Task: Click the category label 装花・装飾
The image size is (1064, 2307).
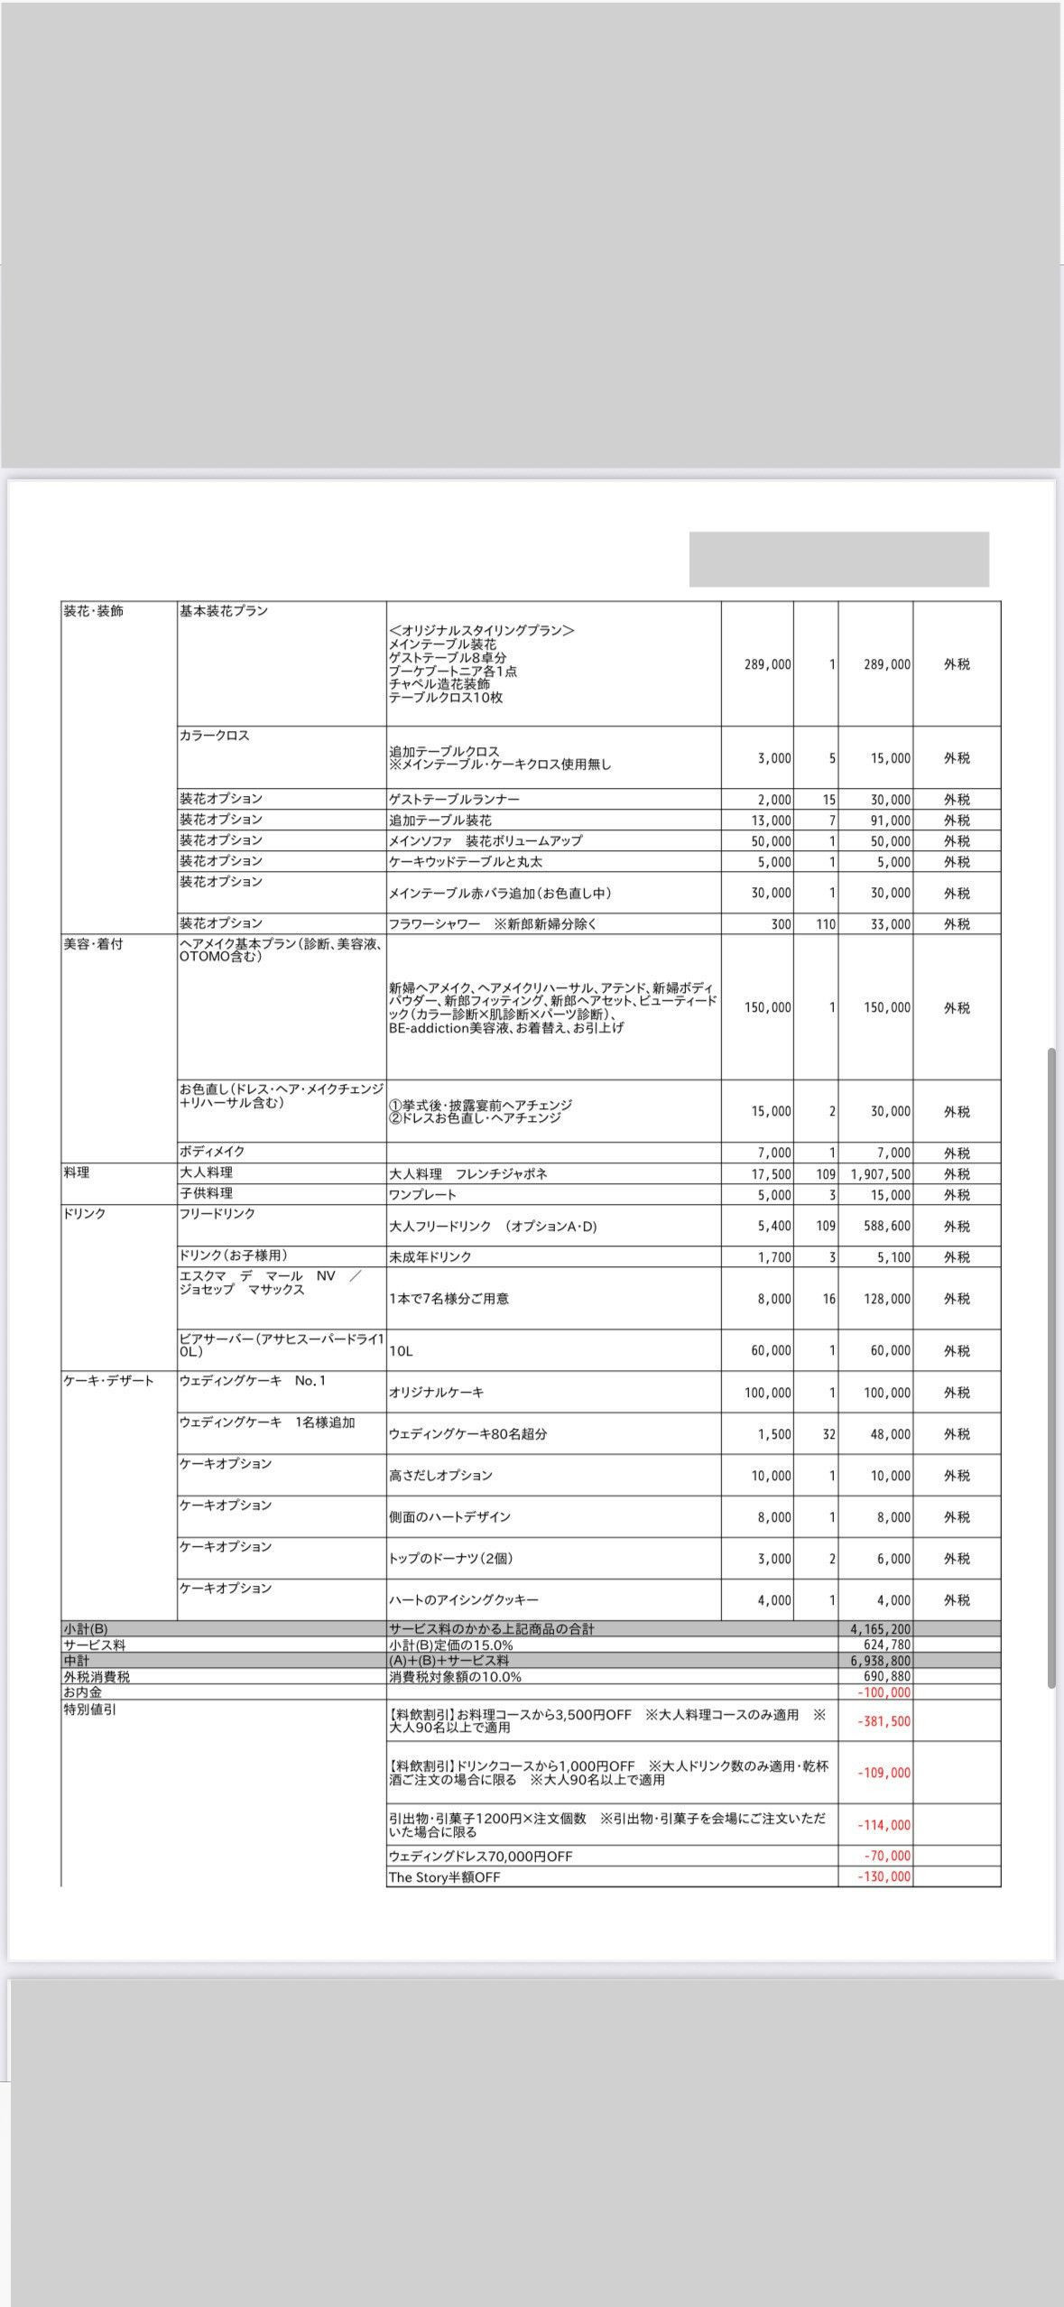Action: pyautogui.click(x=93, y=611)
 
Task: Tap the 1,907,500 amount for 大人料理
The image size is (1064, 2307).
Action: pyautogui.click(x=880, y=1174)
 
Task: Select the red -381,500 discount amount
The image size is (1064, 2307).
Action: pyautogui.click(x=884, y=1721)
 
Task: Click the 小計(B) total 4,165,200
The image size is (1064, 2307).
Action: pyautogui.click(x=880, y=1629)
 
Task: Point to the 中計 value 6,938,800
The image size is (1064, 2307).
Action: pyautogui.click(x=880, y=1661)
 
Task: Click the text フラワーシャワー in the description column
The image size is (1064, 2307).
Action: pyautogui.click(x=434, y=924)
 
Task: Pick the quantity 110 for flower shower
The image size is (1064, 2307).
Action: pyautogui.click(x=825, y=924)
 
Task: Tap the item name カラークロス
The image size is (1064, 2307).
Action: pyautogui.click(x=214, y=736)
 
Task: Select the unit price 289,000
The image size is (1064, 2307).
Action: pyautogui.click(x=767, y=664)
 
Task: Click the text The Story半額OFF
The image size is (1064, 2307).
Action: pyautogui.click(x=444, y=1877)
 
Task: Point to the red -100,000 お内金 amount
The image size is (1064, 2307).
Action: pyautogui.click(x=884, y=1692)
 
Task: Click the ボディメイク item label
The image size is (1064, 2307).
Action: pyautogui.click(x=212, y=1152)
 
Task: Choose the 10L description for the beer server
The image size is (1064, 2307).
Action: pyautogui.click(x=401, y=1351)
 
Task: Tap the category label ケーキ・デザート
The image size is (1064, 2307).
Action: pyautogui.click(x=109, y=1381)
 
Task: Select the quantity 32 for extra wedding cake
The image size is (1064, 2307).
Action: pyautogui.click(x=828, y=1434)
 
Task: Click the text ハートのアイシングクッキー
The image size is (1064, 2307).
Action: pyautogui.click(x=464, y=1600)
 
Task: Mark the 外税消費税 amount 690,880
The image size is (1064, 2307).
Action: pyautogui.click(x=886, y=1676)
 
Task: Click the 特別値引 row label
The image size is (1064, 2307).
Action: pyautogui.click(x=90, y=1709)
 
